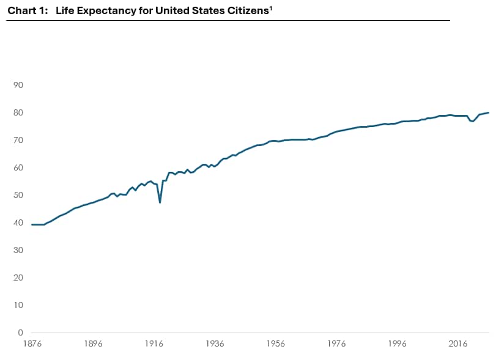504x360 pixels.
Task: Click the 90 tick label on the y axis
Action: (x=18, y=85)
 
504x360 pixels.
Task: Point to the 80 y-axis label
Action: (x=18, y=112)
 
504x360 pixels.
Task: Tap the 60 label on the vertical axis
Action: (x=18, y=167)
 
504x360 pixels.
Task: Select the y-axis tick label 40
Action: (x=18, y=222)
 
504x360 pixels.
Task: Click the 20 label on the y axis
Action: (x=18, y=277)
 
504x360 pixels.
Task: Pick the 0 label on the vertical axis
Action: (x=21, y=332)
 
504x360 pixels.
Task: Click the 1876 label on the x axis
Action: (x=32, y=344)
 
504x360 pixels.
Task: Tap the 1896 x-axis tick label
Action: (x=93, y=344)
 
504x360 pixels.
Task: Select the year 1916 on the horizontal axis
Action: (x=154, y=344)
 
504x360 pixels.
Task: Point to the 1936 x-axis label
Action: (x=215, y=344)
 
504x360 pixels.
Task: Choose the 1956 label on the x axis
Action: (x=275, y=344)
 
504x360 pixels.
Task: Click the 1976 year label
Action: (x=336, y=344)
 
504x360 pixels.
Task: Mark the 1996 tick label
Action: (x=397, y=344)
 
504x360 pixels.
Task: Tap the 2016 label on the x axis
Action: (x=458, y=344)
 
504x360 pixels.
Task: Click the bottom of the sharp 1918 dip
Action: (x=160, y=203)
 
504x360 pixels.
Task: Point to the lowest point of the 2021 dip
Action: (x=473, y=121)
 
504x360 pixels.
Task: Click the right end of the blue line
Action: (x=489, y=112)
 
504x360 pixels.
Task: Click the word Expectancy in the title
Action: (x=106, y=11)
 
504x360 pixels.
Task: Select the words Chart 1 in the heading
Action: (x=28, y=11)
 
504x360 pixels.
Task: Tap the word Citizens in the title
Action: (x=248, y=10)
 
